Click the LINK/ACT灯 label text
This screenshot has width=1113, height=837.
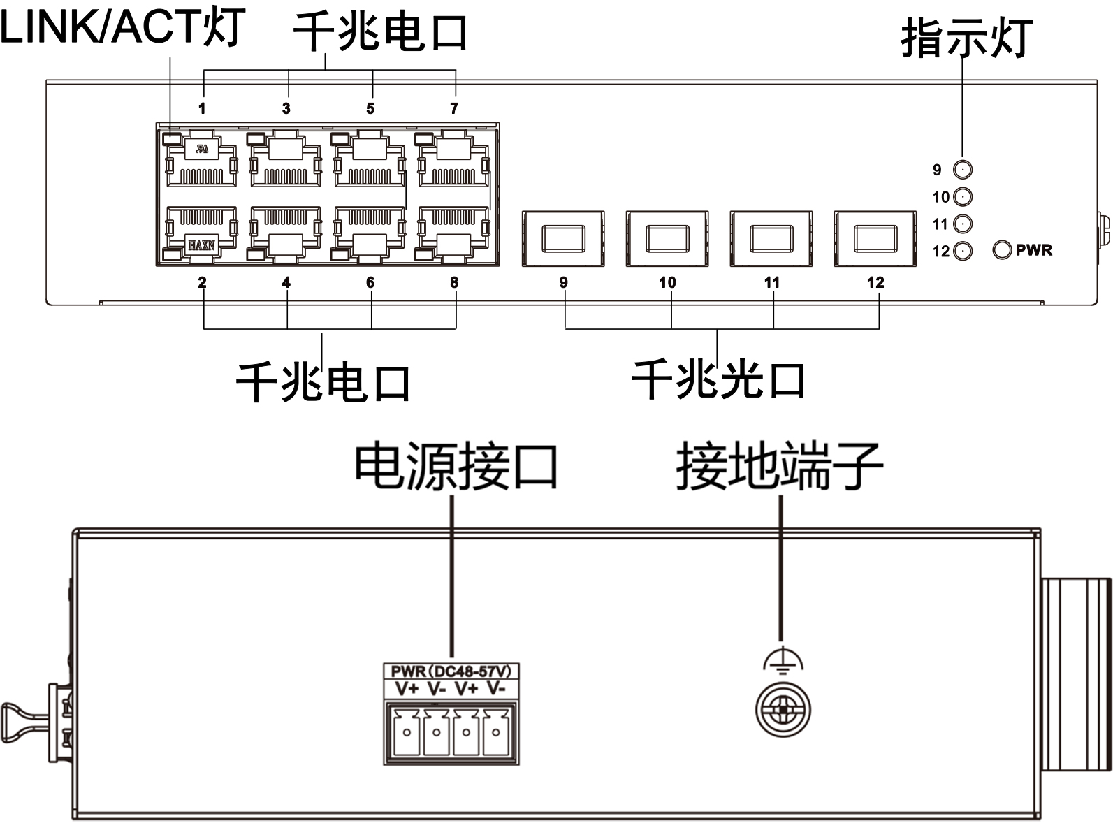coord(122,28)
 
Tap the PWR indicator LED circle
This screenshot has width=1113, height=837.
coord(1002,250)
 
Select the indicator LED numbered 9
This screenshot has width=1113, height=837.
coord(963,170)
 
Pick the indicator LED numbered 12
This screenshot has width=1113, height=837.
coord(963,251)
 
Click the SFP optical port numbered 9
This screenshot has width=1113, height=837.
coord(563,238)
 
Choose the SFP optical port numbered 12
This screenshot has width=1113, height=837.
coord(875,238)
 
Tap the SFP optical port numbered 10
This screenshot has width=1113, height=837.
coord(667,238)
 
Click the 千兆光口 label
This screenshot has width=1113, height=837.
coord(718,381)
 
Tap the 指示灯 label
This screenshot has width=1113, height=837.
coord(967,38)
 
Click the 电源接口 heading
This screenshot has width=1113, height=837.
coord(456,466)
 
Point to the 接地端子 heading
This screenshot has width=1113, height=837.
coord(780,466)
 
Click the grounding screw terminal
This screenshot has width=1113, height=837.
coord(783,710)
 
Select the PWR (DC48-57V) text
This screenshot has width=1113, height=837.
coord(451,671)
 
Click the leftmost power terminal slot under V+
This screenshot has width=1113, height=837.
coord(406,732)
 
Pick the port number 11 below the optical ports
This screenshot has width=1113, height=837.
coord(771,282)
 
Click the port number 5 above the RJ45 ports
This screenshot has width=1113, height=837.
coord(370,108)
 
